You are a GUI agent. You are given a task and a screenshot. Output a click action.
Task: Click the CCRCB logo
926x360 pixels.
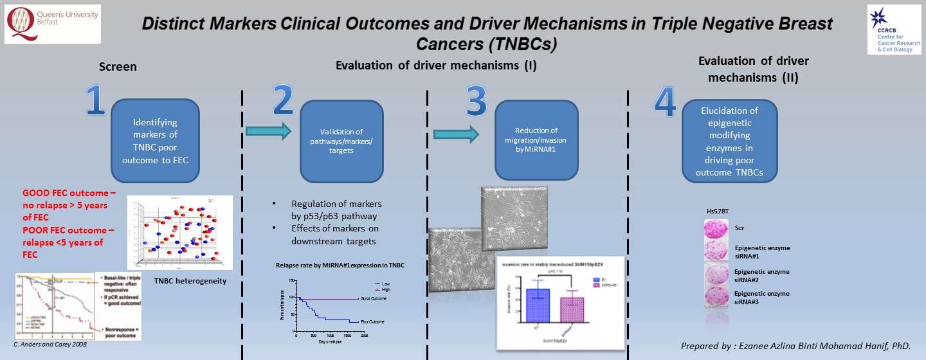(x=894, y=29)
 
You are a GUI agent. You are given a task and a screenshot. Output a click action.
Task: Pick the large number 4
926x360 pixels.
(x=666, y=102)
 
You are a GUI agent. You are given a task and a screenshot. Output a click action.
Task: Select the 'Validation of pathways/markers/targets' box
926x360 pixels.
(x=341, y=141)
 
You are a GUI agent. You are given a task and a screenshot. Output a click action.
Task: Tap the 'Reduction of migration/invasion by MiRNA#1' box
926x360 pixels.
(x=536, y=139)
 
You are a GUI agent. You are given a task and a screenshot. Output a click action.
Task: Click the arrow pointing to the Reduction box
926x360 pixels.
(x=456, y=134)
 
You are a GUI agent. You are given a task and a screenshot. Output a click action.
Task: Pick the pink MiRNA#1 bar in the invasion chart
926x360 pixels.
(x=572, y=309)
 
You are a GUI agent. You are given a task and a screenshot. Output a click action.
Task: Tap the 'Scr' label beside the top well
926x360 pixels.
(x=740, y=228)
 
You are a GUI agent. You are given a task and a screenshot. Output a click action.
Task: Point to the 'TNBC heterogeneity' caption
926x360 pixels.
(x=190, y=280)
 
